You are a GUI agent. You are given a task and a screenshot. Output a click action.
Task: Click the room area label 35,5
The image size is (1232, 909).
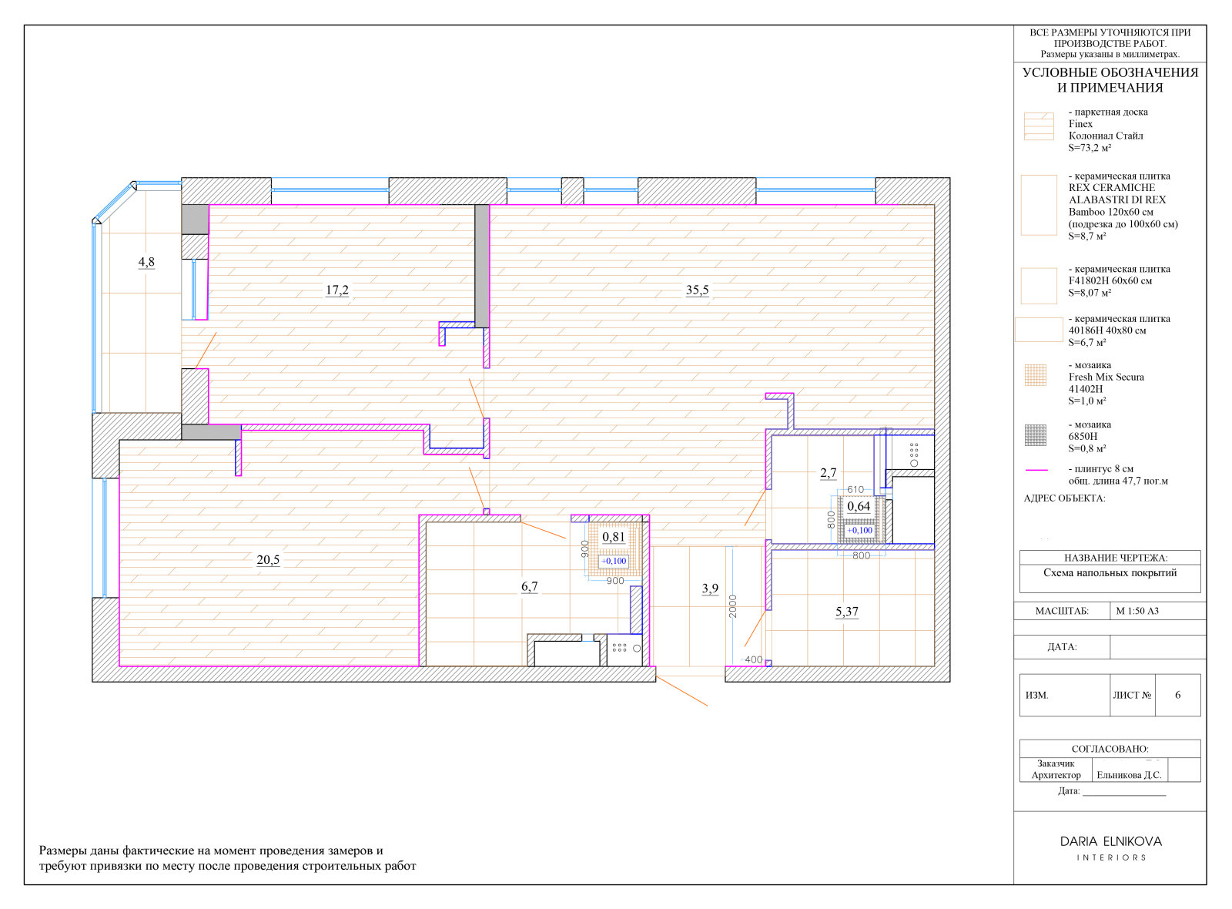pyautogui.click(x=697, y=290)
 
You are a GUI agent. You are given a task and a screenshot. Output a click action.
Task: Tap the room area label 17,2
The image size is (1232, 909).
pyautogui.click(x=337, y=290)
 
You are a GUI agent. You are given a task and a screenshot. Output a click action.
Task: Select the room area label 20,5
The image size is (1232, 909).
pyautogui.click(x=269, y=560)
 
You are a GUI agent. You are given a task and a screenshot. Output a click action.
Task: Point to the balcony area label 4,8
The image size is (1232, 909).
pyautogui.click(x=146, y=262)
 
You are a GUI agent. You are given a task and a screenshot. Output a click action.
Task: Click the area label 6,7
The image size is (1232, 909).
pyautogui.click(x=530, y=586)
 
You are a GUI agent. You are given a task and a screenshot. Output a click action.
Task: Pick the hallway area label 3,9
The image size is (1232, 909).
pyautogui.click(x=710, y=589)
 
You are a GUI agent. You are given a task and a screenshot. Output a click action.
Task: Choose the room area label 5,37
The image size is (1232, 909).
pyautogui.click(x=847, y=612)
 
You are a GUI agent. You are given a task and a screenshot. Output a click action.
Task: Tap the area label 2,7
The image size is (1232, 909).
pyautogui.click(x=829, y=473)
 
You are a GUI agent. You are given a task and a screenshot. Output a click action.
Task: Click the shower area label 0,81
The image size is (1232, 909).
pyautogui.click(x=614, y=537)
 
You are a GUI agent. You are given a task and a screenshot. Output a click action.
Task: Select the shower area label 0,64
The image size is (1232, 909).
pyautogui.click(x=859, y=507)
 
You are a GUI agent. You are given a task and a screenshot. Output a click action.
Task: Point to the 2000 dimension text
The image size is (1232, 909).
pyautogui.click(x=732, y=606)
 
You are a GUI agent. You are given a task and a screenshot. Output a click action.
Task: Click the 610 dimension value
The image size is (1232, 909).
pyautogui.click(x=855, y=489)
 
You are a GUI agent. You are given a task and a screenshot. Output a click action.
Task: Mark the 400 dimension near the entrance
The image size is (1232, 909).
pyautogui.click(x=754, y=659)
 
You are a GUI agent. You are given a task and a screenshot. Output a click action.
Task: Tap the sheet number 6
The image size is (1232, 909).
pyautogui.click(x=1177, y=695)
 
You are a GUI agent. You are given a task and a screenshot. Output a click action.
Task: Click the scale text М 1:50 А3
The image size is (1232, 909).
pyautogui.click(x=1137, y=611)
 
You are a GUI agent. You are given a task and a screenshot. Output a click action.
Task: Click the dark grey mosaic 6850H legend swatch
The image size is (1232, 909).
pyautogui.click(x=1036, y=435)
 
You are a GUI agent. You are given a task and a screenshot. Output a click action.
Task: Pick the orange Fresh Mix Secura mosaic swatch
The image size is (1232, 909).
pyautogui.click(x=1036, y=375)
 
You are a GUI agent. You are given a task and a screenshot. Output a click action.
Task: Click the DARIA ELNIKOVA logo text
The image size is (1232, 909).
pyautogui.click(x=1111, y=842)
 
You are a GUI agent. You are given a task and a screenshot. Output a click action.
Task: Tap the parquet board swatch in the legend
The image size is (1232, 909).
pyautogui.click(x=1039, y=126)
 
